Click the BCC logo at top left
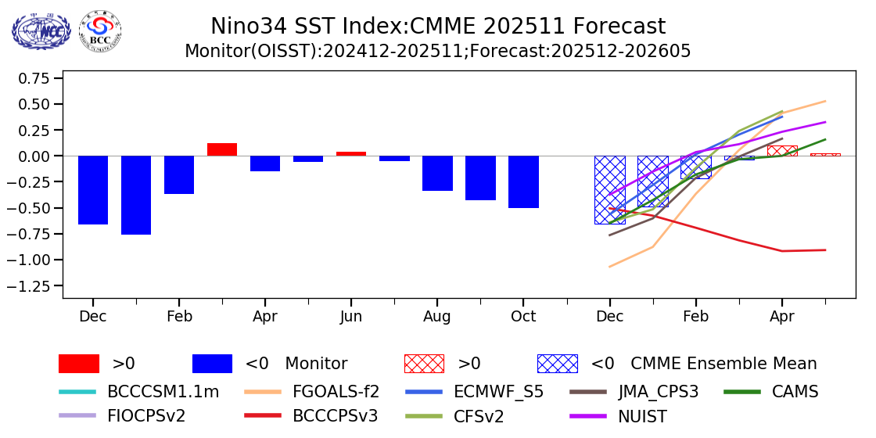coord(101,31)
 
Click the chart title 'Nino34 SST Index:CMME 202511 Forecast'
coord(438,27)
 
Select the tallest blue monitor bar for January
coord(136,195)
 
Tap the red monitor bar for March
coord(222,149)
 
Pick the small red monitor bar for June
coord(351,153)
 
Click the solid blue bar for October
coord(523,181)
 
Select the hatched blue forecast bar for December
coord(609,189)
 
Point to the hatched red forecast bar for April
coord(781,150)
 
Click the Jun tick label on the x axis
coord(351,317)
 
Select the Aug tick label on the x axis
coord(437,317)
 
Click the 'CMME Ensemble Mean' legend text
coord(723,364)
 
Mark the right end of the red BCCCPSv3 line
coord(825,250)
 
